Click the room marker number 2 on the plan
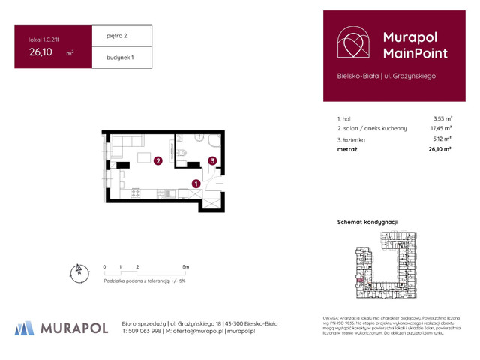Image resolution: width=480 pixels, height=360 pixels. point(157,160)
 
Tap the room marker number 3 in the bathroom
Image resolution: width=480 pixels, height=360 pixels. point(212,160)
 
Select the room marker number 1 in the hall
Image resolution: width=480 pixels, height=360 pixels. point(195,184)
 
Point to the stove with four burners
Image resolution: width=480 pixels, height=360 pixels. point(136,193)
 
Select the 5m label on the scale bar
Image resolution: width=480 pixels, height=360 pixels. point(185,267)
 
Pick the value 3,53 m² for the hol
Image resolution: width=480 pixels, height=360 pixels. point(442,118)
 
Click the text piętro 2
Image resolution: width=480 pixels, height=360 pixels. point(108,35)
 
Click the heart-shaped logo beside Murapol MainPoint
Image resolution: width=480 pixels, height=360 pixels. point(352,43)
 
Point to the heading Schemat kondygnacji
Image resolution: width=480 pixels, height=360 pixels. point(367,223)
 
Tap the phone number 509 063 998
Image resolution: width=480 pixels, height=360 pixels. point(144,331)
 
